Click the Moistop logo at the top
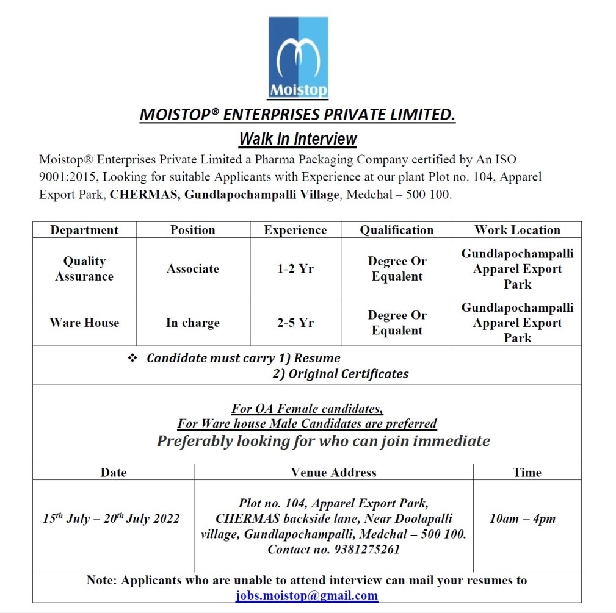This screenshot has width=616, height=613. point(298,57)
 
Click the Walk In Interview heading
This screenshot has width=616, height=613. point(298,138)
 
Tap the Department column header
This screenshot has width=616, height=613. point(84,230)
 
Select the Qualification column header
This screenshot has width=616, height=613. point(397,230)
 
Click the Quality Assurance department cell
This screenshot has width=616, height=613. point(84,268)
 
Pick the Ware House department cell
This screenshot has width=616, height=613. point(84,323)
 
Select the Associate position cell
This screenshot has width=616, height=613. point(193,268)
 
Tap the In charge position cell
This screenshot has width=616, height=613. point(193,323)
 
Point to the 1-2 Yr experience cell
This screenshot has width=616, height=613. point(295,268)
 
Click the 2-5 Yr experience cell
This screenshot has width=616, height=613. point(295,323)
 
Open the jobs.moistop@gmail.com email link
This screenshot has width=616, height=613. point(306,595)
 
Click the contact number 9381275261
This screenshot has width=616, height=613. point(333,549)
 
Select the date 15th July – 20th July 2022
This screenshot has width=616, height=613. point(112,518)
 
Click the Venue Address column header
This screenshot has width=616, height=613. point(333,472)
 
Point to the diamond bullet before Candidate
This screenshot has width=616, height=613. point(132,358)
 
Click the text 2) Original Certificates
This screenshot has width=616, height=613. point(340,373)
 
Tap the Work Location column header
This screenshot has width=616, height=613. point(517,230)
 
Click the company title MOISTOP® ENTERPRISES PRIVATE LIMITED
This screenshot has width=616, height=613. point(298,115)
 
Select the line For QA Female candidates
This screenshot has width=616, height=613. point(307,408)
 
